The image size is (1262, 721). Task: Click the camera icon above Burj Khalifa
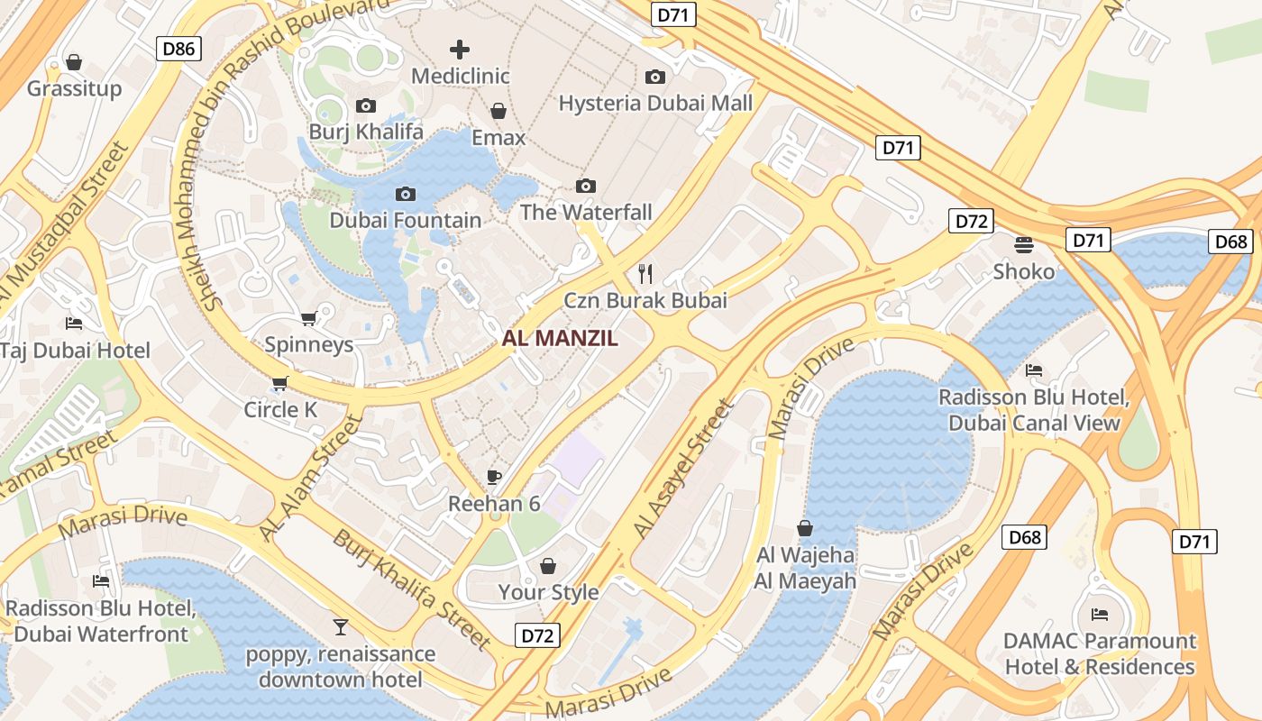[x=366, y=105]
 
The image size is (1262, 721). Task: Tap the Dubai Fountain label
[x=405, y=220]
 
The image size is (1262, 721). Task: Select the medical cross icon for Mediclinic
[x=460, y=49]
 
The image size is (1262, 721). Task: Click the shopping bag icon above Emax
[x=498, y=111]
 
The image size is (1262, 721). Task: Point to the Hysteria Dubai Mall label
[x=655, y=103]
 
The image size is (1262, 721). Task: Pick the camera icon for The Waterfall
[x=586, y=186]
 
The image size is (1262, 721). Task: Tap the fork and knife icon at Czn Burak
[x=645, y=273]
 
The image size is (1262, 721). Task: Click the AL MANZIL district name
[x=560, y=339]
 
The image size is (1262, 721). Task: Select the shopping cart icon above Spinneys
[x=308, y=318]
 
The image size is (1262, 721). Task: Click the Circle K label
[x=280, y=410]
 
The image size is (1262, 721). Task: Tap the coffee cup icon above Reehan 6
[x=493, y=477]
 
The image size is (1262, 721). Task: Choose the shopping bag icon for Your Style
[x=548, y=566]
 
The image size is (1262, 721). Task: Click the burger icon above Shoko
[x=1023, y=244]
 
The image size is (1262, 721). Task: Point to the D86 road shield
[x=178, y=49]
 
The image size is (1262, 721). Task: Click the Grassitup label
[x=74, y=88]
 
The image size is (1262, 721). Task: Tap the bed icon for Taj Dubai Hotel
[x=74, y=324]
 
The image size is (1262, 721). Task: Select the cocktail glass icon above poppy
[x=341, y=627]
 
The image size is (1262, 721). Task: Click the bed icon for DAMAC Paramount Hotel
[x=1100, y=615]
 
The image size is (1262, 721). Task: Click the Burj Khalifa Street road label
[x=413, y=590]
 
